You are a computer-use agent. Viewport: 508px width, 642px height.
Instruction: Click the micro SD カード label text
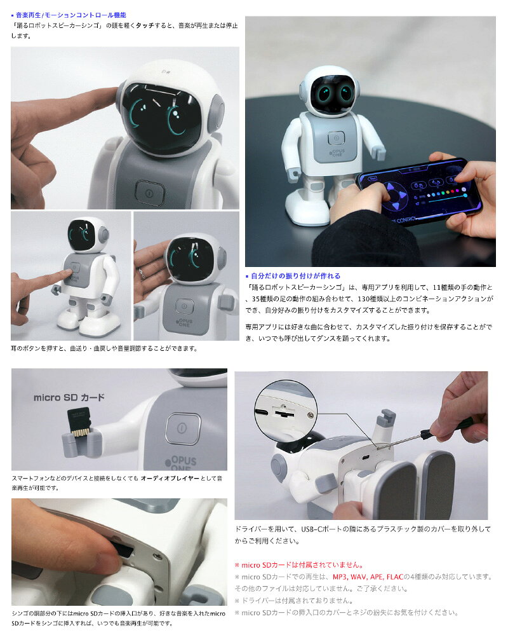[x=69, y=397]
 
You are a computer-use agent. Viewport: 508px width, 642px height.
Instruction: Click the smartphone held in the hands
[x=418, y=191]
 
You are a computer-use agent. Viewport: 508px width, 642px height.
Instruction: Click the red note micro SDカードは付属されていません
[x=299, y=565]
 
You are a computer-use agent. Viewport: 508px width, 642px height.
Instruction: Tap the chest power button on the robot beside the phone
[x=336, y=139]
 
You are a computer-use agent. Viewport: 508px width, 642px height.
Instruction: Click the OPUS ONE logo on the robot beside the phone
[x=337, y=153]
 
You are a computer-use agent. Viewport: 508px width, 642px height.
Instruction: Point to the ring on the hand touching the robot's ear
[x=142, y=273]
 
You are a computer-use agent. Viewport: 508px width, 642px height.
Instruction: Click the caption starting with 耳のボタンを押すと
[x=104, y=349]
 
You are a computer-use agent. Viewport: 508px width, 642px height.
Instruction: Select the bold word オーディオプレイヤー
[x=170, y=478]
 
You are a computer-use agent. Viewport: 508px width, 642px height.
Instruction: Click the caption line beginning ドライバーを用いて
[x=363, y=529]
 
